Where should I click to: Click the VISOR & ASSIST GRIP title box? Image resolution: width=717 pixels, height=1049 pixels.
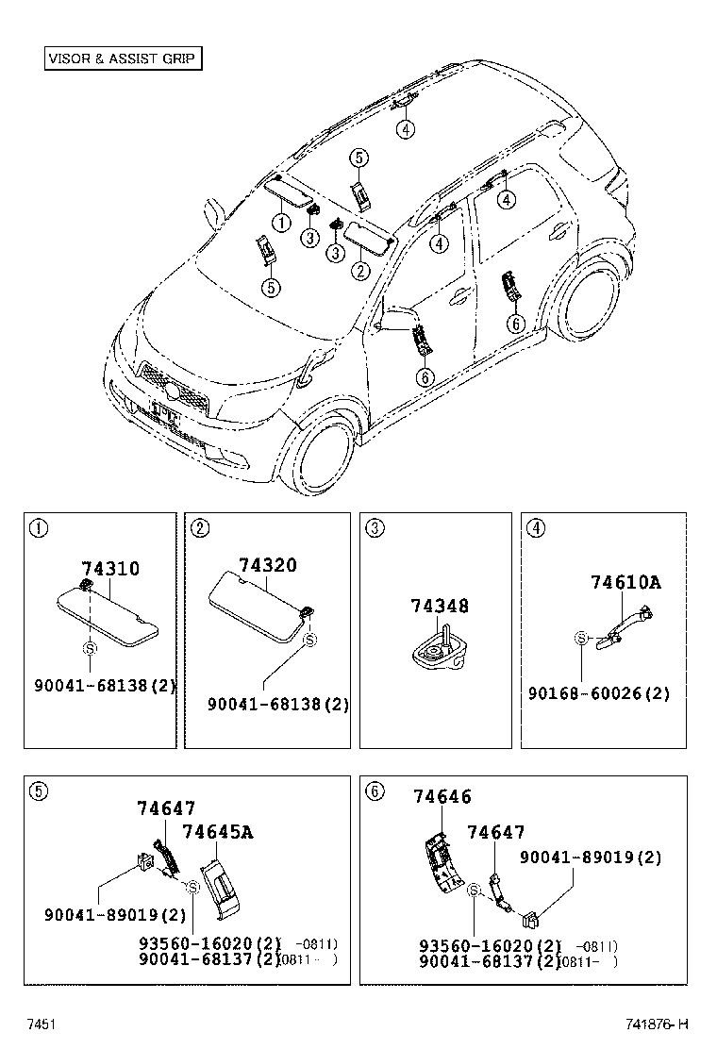[x=124, y=58]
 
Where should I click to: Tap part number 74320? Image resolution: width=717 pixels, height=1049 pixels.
[x=267, y=565]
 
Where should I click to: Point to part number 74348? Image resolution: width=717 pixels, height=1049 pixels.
[x=439, y=607]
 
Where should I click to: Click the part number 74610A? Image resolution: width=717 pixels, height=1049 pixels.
[x=625, y=583]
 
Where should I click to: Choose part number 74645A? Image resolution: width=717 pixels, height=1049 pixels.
[x=217, y=832]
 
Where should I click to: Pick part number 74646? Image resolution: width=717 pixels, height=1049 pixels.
[x=442, y=797]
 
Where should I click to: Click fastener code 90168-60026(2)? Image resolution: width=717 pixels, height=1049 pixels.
[x=600, y=693]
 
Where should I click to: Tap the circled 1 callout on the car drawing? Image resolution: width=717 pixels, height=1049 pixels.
[x=280, y=223]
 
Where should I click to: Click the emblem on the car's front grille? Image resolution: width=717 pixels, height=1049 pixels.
[x=172, y=390]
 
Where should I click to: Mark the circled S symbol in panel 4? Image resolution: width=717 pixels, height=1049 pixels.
[x=582, y=639]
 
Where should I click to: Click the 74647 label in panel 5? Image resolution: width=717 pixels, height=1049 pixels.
[x=166, y=808]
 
